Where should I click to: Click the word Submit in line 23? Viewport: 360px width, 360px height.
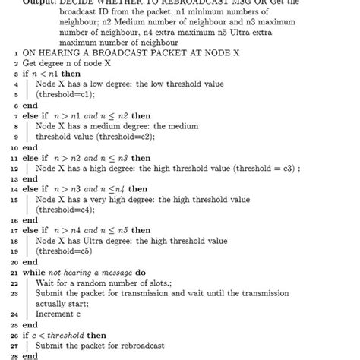pyautogui.click(x=51, y=293)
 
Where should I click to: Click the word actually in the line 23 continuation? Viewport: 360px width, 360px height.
pyautogui.click(x=55, y=304)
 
